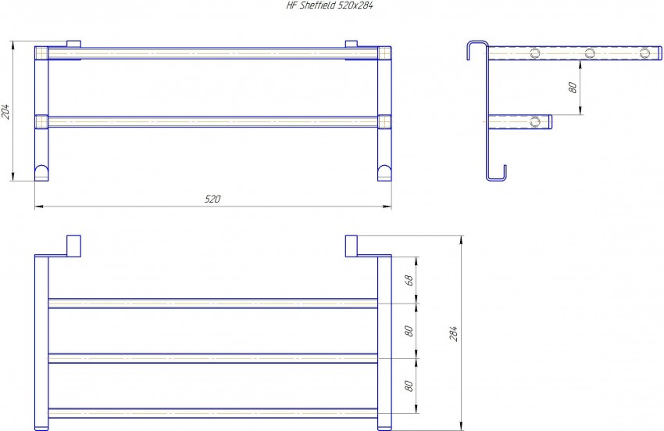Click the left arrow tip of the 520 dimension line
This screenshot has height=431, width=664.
click(35, 207)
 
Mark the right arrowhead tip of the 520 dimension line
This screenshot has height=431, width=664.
click(391, 207)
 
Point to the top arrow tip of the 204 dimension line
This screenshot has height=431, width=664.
click(13, 41)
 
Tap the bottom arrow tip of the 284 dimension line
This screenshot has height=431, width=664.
click(461, 430)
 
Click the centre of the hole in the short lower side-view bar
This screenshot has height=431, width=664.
click(535, 122)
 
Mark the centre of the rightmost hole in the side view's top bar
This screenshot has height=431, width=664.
click(644, 53)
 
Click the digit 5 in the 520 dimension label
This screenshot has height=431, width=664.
click(207, 199)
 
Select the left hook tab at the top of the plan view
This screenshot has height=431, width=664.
click(73, 246)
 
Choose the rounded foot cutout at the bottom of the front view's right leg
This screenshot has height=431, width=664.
click(384, 172)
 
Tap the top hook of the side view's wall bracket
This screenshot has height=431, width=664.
click(478, 50)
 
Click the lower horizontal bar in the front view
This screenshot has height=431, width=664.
click(213, 122)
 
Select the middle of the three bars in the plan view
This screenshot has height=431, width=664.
click(213, 358)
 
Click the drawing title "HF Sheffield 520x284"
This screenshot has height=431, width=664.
click(330, 5)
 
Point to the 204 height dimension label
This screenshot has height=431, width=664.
click(5, 111)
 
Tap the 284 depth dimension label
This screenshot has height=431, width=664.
click(454, 333)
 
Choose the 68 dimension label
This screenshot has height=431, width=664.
click(409, 280)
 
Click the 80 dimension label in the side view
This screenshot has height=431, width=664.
click(573, 88)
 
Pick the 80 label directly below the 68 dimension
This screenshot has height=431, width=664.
click(409, 331)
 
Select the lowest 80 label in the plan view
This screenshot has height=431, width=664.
click(409, 386)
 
